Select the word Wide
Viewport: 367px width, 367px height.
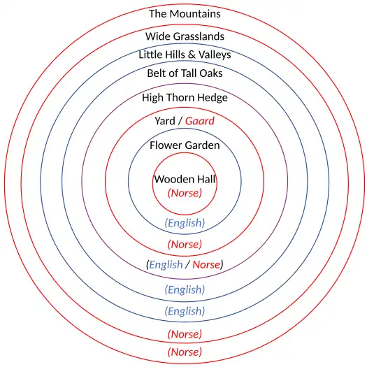pos(157,36)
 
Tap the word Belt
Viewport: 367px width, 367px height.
pos(157,73)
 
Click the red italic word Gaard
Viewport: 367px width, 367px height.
pos(200,122)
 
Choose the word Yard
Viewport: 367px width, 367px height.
pos(165,122)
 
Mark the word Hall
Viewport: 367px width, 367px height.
pos(206,180)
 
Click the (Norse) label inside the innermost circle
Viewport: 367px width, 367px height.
pos(185,193)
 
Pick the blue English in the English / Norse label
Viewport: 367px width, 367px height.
pos(166,265)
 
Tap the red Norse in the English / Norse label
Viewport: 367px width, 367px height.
pos(206,265)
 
